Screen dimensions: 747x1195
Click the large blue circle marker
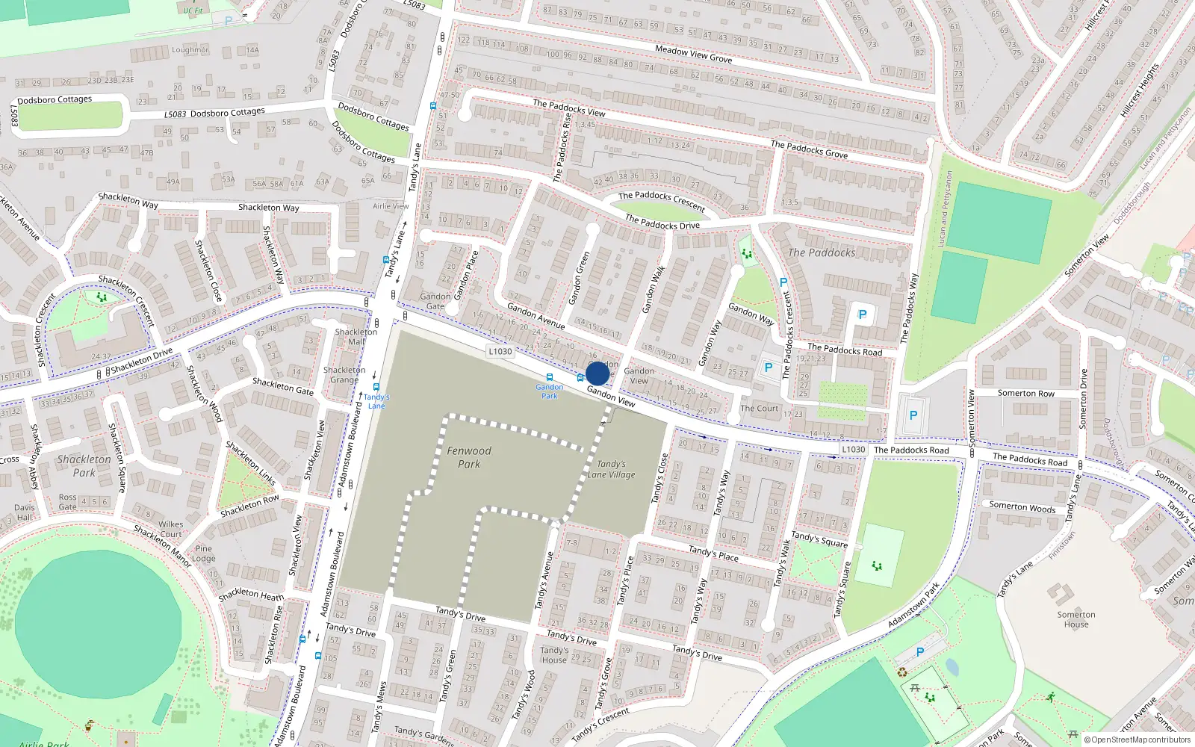coord(597,373)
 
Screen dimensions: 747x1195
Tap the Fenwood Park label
coord(469,457)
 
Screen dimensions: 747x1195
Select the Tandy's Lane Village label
coord(611,469)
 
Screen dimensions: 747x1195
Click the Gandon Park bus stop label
coord(550,391)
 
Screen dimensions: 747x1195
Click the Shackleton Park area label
coord(84,465)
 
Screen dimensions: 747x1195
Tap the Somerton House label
coord(1075,619)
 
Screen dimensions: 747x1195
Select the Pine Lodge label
coord(203,554)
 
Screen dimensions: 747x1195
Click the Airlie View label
coord(391,206)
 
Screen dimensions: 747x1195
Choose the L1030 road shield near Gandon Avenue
coord(500,351)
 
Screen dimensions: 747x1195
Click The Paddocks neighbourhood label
coord(822,253)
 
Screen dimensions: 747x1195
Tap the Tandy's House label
coord(554,655)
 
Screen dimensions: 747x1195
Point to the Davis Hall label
coord(25,512)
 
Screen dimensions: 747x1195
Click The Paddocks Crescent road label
coord(662,200)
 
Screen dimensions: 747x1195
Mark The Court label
coord(759,409)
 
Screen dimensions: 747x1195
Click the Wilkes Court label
coord(170,529)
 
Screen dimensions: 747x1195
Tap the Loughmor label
coord(190,50)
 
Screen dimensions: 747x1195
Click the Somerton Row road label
coord(1025,393)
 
